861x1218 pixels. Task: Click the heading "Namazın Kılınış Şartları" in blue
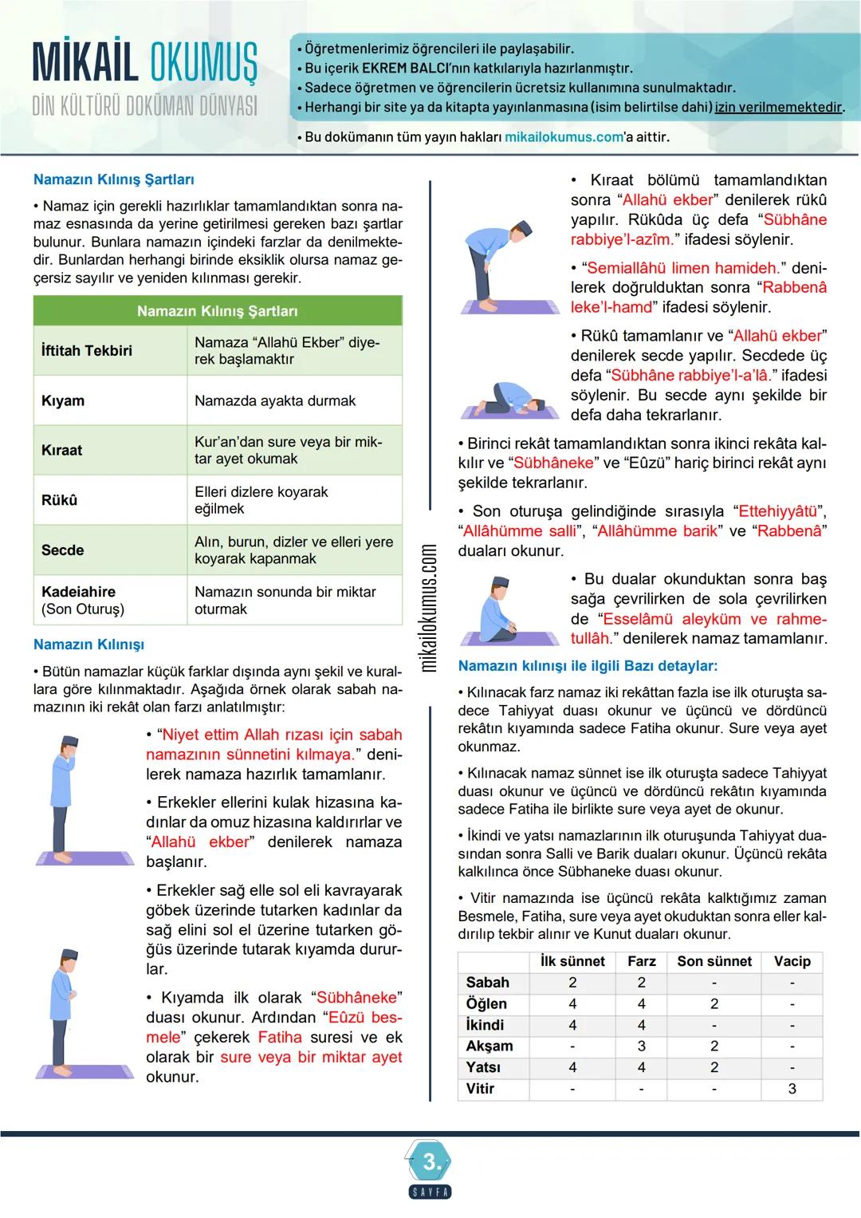[113, 179]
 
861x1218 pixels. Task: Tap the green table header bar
[217, 310]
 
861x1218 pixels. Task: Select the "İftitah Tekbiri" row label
[87, 350]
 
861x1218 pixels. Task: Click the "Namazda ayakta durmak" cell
[275, 400]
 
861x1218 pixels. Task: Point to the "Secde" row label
[62, 550]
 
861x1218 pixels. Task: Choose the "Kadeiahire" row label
[78, 592]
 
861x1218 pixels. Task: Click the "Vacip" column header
[792, 961]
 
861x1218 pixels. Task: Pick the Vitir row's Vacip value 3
[792, 1089]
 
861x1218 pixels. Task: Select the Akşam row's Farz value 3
[641, 1046]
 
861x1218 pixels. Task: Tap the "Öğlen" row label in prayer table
[486, 1003]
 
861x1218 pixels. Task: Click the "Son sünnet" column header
[714, 961]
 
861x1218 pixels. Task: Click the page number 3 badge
[431, 1162]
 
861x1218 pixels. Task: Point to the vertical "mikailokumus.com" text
[428, 608]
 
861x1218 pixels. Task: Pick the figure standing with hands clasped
[67, 1011]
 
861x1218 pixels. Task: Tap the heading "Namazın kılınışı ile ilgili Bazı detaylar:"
[588, 665]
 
